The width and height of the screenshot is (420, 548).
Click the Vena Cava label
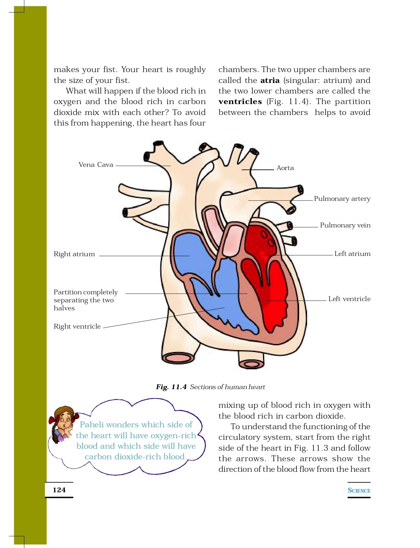pyautogui.click(x=96, y=165)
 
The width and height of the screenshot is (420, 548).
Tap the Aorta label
pyautogui.click(x=285, y=168)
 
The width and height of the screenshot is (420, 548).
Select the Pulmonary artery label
pyautogui.click(x=342, y=199)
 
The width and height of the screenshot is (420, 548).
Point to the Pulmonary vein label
pyautogui.click(x=345, y=225)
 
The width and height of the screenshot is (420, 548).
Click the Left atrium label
pyautogui.click(x=352, y=254)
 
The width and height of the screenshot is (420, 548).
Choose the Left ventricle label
pyautogui.click(x=349, y=299)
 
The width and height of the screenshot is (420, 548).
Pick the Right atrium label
pyautogui.click(x=74, y=254)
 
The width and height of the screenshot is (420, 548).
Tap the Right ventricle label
pyautogui.click(x=77, y=326)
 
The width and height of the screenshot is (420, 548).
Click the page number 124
pyautogui.click(x=59, y=490)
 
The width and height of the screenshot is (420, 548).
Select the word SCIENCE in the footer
pyautogui.click(x=359, y=490)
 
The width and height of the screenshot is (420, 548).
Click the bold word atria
pyautogui.click(x=270, y=80)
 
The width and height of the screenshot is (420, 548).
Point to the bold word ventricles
pyautogui.click(x=240, y=102)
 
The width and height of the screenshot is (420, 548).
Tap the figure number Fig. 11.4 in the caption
pyautogui.click(x=171, y=387)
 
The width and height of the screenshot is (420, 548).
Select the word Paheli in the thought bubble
pyautogui.click(x=91, y=425)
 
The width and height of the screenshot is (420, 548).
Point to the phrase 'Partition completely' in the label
pyautogui.click(x=85, y=292)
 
